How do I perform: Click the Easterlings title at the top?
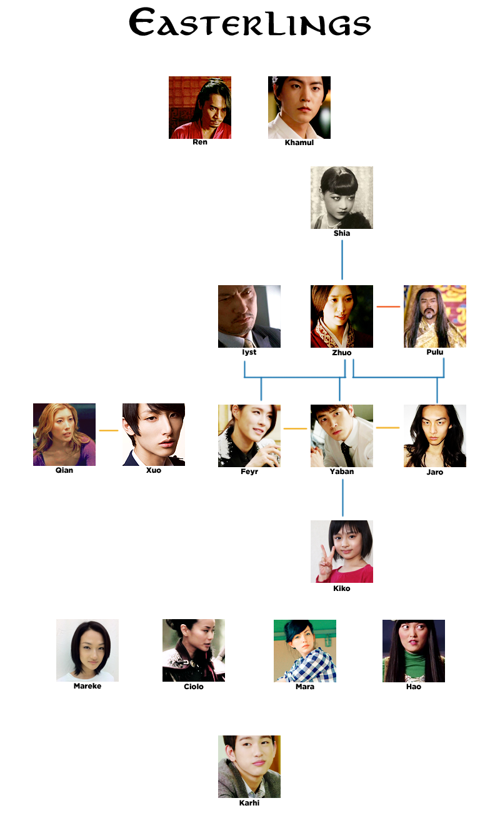coord(249,23)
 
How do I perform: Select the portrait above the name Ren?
coord(200,108)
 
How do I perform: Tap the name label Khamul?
coord(299,143)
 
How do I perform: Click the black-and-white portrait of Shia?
coord(342,198)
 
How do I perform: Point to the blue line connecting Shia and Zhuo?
coord(342,260)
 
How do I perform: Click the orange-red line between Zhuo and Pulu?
coord(388,306)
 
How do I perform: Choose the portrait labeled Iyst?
coord(249,316)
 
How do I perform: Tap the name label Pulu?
coord(435,352)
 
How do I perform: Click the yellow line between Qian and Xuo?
coord(109,430)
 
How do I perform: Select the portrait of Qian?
coord(64,435)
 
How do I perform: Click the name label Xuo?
coord(154,470)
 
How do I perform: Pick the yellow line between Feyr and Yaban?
coord(295,428)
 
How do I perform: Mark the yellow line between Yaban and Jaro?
coord(387,428)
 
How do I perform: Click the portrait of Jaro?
coord(435,436)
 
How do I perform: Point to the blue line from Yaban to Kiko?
coord(342,498)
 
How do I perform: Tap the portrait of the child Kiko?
coord(342,552)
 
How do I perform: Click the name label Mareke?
coord(87,686)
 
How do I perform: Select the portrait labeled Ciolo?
coord(194,650)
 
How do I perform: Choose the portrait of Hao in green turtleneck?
coord(414,651)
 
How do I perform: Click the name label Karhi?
coord(249,803)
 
